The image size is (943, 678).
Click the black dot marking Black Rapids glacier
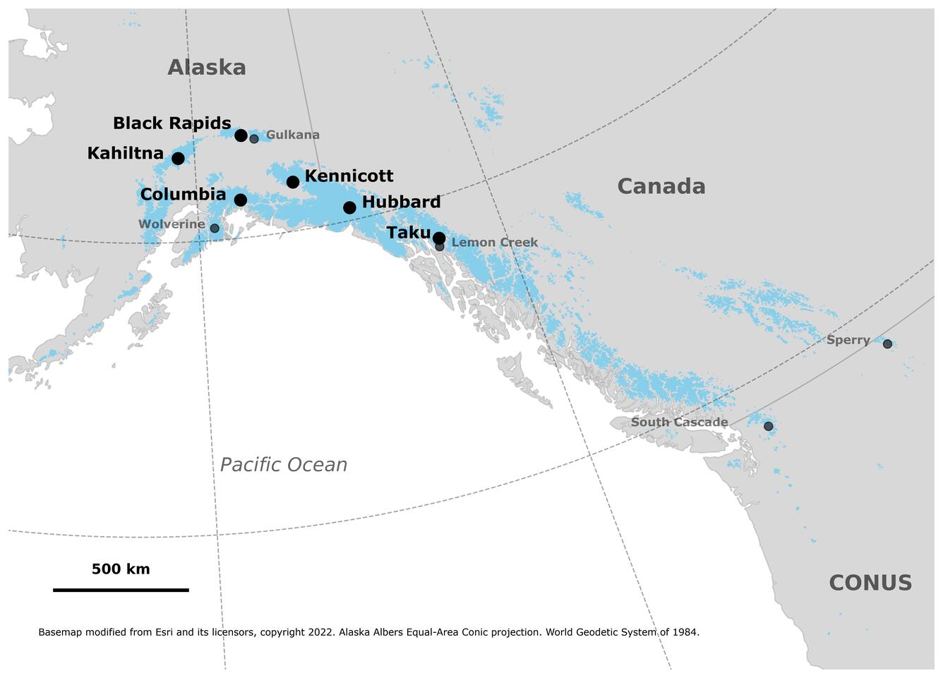(241, 135)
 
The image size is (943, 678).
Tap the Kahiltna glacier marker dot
(178, 159)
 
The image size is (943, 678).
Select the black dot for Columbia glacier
(240, 200)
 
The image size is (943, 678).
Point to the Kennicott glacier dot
(293, 182)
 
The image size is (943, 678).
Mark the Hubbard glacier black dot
(349, 207)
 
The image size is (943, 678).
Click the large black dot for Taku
(438, 237)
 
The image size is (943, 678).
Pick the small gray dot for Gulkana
(254, 139)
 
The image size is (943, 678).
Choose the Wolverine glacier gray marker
(215, 229)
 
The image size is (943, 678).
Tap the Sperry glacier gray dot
(887, 344)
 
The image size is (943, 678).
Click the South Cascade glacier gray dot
(768, 427)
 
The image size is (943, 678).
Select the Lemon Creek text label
(494, 243)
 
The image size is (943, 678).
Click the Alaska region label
(207, 68)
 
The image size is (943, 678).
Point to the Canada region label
(661, 186)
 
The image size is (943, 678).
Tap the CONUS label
(870, 583)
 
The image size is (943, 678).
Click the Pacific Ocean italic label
(283, 465)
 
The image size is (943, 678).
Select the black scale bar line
(121, 590)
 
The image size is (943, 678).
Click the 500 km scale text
(121, 569)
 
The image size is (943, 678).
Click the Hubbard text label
(401, 202)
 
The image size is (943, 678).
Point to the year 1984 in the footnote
(685, 632)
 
